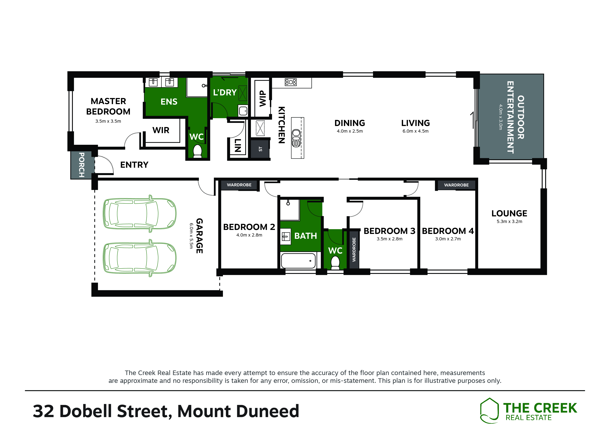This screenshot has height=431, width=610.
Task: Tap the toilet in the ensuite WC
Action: pyautogui.click(x=197, y=151)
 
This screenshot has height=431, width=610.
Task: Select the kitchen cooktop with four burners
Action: pyautogui.click(x=291, y=82)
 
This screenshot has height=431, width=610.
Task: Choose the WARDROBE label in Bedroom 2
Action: pyautogui.click(x=239, y=185)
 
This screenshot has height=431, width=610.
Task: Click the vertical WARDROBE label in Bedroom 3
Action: pyautogui.click(x=354, y=250)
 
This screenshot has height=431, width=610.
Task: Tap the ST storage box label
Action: pyautogui.click(x=260, y=149)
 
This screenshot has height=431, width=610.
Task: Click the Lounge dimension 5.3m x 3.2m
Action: pyautogui.click(x=509, y=221)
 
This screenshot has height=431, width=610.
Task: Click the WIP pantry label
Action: pyautogui.click(x=263, y=99)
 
